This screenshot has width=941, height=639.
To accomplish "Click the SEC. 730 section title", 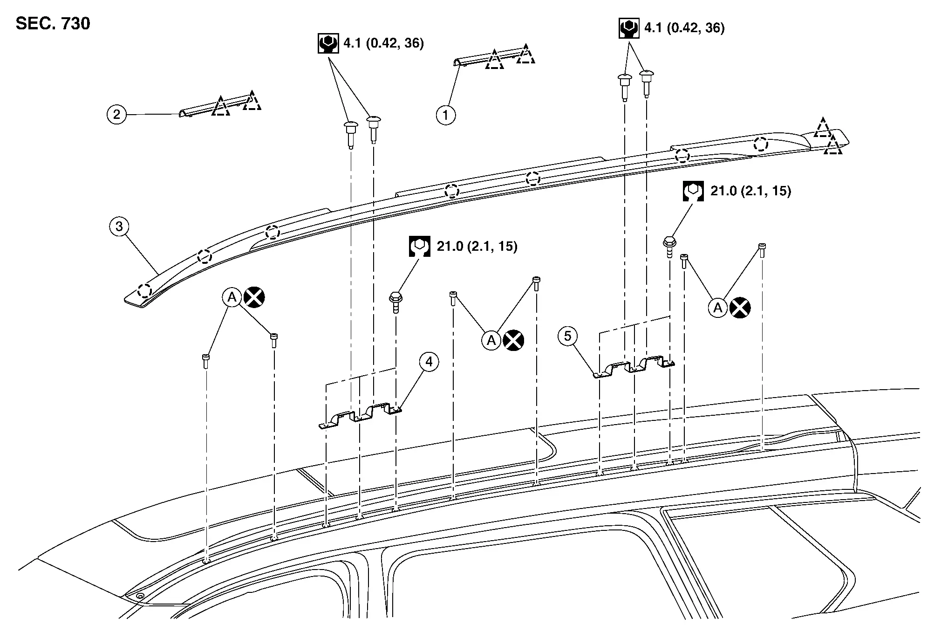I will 53,23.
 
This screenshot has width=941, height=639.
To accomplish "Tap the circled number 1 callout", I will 445,115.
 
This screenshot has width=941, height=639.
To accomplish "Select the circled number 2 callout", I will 116,114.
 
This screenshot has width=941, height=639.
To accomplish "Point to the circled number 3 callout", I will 119,227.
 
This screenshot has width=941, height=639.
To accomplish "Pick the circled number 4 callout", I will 429,362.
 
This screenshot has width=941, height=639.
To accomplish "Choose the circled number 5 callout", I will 567,336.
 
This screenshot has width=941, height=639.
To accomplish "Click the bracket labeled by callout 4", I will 361,415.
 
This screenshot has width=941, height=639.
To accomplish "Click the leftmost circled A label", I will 232,297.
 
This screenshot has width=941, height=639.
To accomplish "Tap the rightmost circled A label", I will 718,308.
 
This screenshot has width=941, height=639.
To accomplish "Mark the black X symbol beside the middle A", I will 513,340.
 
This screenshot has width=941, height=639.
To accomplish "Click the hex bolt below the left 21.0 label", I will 395,301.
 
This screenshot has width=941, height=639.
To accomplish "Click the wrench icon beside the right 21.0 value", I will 693,191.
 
